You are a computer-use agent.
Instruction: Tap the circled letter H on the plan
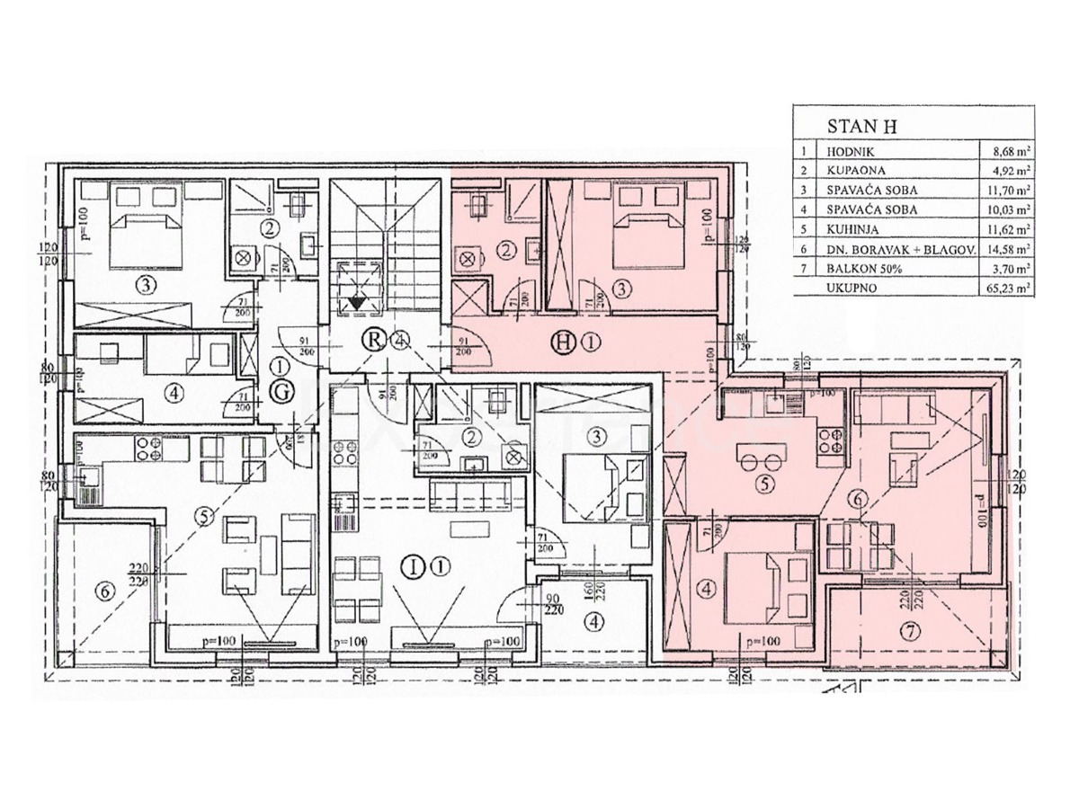(x=564, y=341)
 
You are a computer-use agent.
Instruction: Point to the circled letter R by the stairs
(x=371, y=340)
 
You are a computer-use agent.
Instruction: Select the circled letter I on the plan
(x=413, y=566)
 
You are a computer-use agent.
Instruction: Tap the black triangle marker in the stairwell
(x=358, y=301)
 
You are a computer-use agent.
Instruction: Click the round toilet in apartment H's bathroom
(x=468, y=258)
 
